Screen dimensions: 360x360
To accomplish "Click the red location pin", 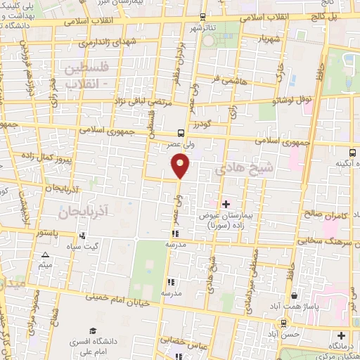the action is [181, 165].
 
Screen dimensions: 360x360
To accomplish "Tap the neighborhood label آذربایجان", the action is [83, 210].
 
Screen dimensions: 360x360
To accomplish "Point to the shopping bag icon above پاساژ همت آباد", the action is [293, 296].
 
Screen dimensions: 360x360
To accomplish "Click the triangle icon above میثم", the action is [46, 255].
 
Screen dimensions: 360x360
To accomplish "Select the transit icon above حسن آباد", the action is [283, 323].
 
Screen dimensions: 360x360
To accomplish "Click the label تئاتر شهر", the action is [202, 28].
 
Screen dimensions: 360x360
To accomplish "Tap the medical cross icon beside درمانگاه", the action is [342, 335].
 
